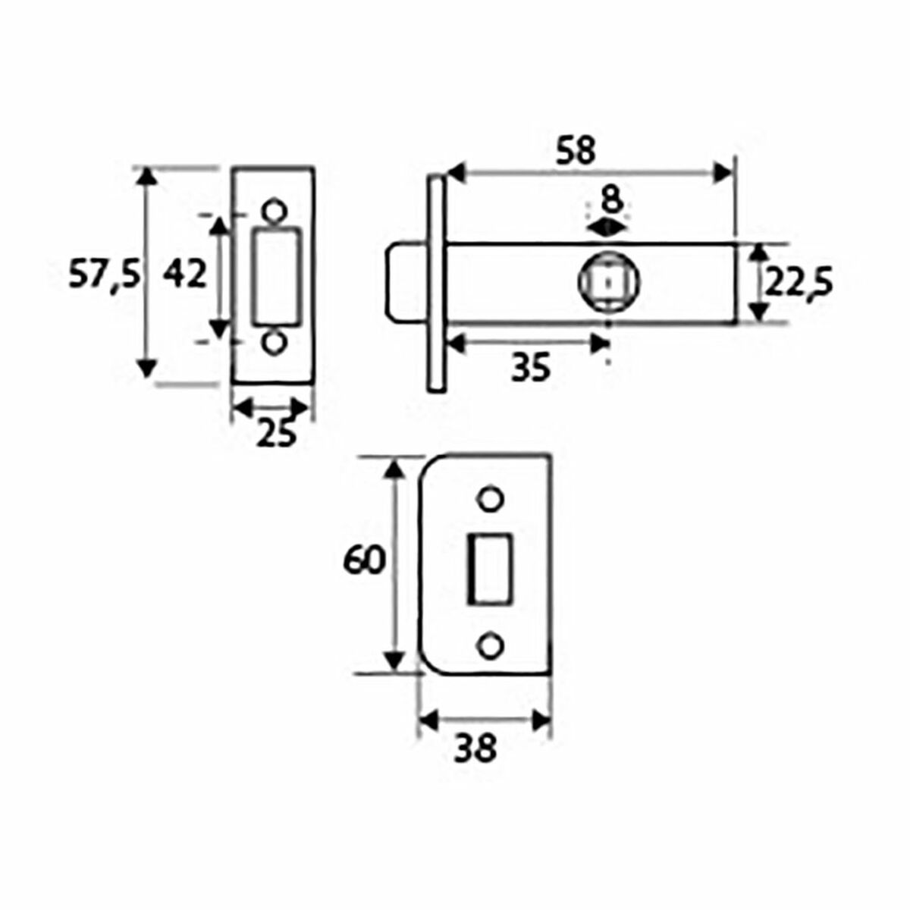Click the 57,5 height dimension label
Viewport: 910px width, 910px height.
[104, 275]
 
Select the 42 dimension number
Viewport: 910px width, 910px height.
[186, 274]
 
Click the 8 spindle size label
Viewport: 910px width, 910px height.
[610, 201]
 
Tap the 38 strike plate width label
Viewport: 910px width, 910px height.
[475, 749]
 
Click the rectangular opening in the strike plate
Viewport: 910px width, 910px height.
[490, 569]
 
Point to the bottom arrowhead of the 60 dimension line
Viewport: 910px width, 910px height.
[393, 661]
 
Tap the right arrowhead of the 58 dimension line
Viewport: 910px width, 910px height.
[726, 174]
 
